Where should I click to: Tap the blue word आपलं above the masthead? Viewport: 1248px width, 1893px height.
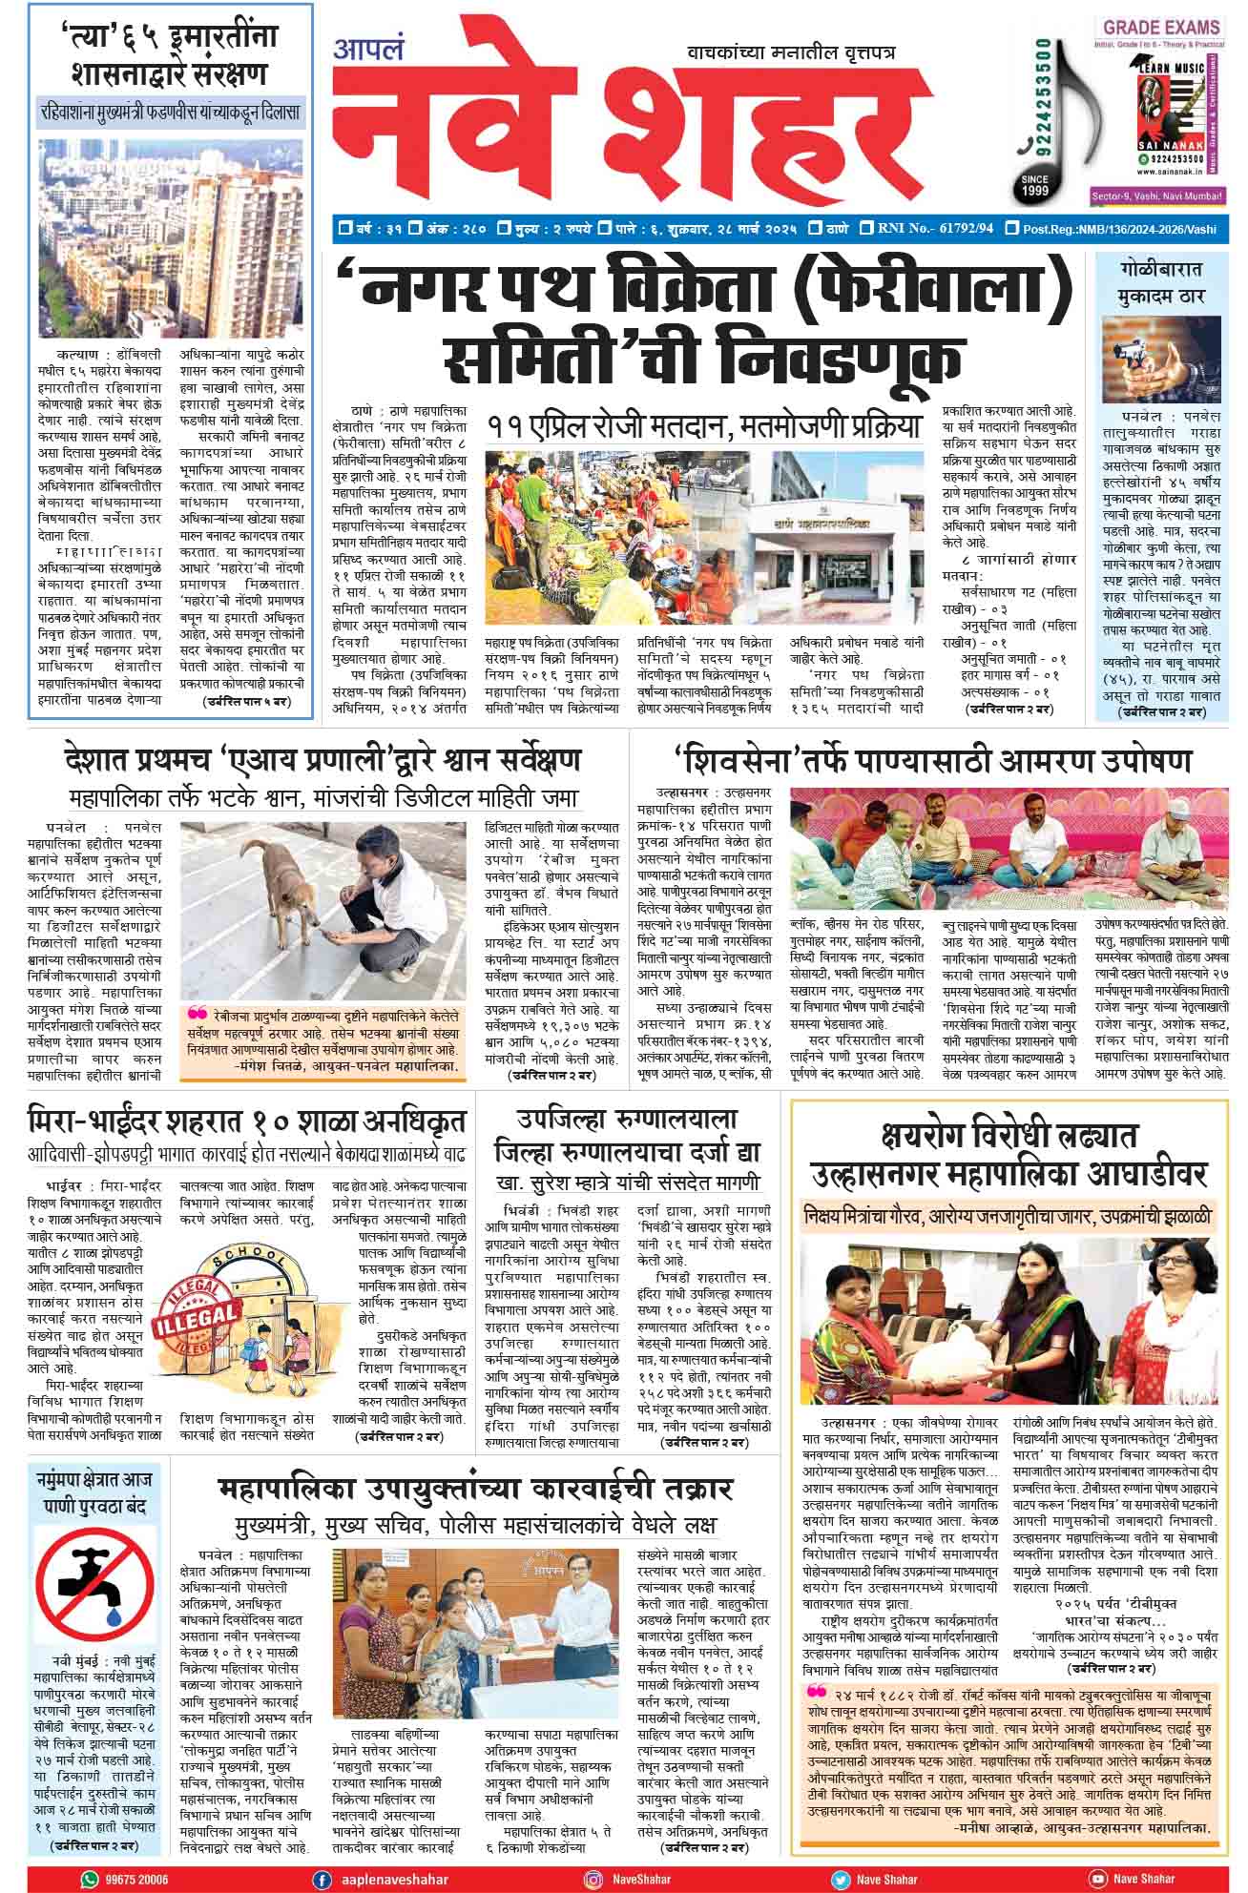click(x=368, y=49)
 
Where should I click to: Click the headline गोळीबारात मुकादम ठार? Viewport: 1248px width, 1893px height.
click(x=1161, y=281)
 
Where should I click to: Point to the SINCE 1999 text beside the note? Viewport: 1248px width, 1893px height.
click(x=1035, y=187)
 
